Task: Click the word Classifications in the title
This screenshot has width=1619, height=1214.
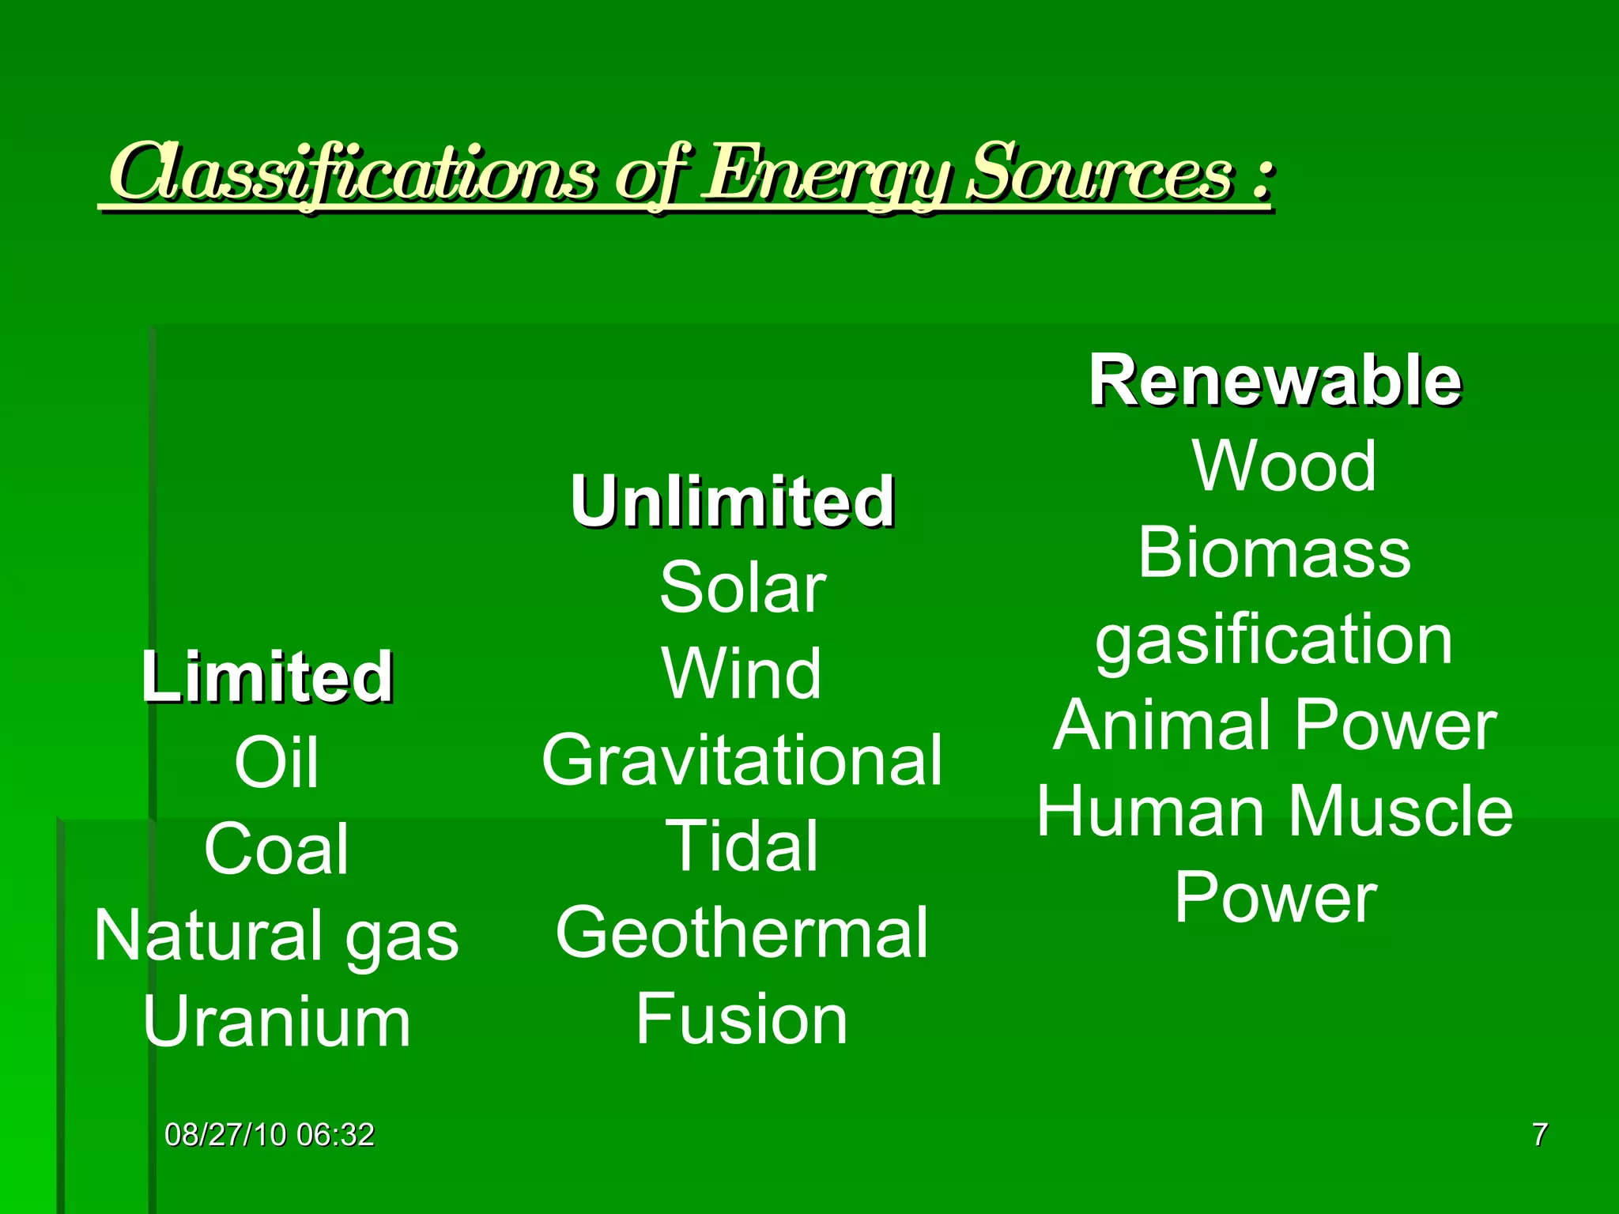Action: (352, 172)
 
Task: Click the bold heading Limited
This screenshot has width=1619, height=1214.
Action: (267, 677)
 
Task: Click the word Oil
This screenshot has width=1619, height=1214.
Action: (276, 763)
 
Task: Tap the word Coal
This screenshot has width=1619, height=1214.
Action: (276, 849)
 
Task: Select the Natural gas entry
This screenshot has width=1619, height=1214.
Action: (276, 936)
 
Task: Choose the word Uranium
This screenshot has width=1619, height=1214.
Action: (276, 1022)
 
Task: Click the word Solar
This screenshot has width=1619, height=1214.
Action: (742, 588)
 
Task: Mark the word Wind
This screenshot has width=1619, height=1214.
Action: (742, 674)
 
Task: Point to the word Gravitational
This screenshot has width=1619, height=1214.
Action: (742, 760)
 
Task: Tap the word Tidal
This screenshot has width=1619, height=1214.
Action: (742, 846)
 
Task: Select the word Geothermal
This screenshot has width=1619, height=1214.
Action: (742, 933)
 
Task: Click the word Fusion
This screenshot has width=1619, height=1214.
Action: (742, 1020)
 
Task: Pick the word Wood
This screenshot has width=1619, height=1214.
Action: (1284, 466)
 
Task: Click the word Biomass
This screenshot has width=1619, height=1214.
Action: (1274, 552)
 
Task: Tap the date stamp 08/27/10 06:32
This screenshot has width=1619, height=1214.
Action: (269, 1135)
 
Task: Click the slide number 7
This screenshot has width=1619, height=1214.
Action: (1539, 1135)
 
